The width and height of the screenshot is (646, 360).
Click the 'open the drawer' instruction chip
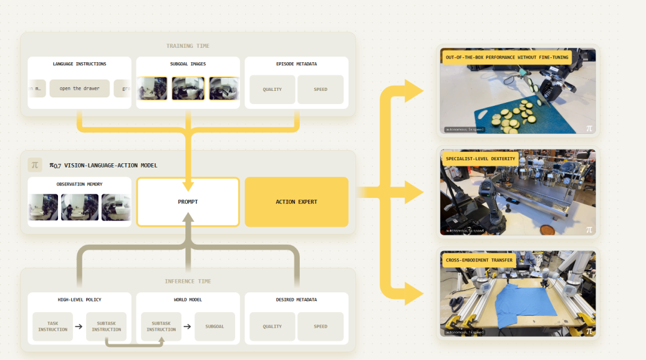coord(80,89)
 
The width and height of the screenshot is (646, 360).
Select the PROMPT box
coord(188,202)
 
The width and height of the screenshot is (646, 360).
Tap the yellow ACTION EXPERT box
coord(297,202)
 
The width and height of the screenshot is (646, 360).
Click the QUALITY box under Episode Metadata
coord(272,89)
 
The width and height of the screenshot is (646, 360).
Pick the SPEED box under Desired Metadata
coord(321,327)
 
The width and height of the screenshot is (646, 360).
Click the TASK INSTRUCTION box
coord(53,327)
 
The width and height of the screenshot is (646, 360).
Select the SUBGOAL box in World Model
coord(215,327)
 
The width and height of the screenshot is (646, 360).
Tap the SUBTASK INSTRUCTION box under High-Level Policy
coord(106,327)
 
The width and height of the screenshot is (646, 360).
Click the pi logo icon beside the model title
coord(35,164)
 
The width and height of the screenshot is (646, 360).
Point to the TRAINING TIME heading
coord(188,46)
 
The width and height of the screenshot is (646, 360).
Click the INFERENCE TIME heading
coord(188,281)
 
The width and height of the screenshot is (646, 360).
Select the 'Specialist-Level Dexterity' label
coord(480,158)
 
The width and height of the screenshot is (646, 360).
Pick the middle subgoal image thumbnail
coord(188,89)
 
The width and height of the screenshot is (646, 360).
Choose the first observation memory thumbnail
coord(44,207)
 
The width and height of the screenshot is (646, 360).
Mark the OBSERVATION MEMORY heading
coord(80,184)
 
